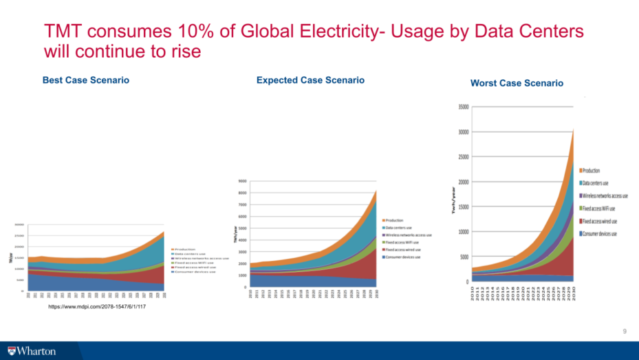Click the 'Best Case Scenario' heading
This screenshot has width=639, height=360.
click(x=86, y=81)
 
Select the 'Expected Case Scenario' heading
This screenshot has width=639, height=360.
click(x=310, y=81)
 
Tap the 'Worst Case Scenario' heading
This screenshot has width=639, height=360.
click(x=517, y=83)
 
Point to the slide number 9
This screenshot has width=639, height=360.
click(x=625, y=332)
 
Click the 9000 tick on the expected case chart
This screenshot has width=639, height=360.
click(x=243, y=181)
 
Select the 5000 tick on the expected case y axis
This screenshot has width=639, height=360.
click(x=243, y=228)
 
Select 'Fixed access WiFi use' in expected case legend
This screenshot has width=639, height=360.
click(x=409, y=242)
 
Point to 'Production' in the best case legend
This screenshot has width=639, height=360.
click(x=186, y=249)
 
